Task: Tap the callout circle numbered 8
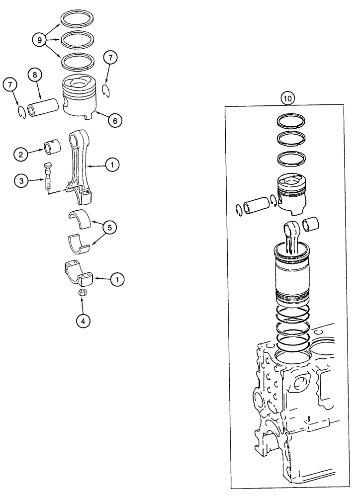click(x=34, y=76)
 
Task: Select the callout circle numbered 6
click(x=114, y=120)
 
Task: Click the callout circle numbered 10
click(x=288, y=98)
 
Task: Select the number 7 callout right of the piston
click(x=110, y=58)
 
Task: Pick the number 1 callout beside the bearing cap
click(x=117, y=280)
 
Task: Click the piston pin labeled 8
click(x=45, y=108)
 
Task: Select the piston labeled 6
click(x=80, y=97)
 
